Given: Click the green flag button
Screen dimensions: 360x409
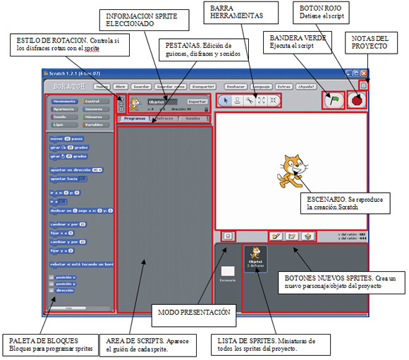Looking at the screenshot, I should tap(331, 100).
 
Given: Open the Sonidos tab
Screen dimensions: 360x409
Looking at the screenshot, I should tap(192, 119).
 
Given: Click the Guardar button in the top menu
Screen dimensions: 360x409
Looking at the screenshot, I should tap(141, 86).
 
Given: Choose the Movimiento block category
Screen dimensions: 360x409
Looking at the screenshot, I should tap(65, 102).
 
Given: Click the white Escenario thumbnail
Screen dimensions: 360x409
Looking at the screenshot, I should tap(228, 272).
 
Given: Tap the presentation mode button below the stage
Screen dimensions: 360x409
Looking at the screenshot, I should tap(228, 234).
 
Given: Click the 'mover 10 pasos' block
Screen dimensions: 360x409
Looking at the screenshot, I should tap(66, 138).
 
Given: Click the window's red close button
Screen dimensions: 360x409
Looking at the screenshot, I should tap(364, 73).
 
